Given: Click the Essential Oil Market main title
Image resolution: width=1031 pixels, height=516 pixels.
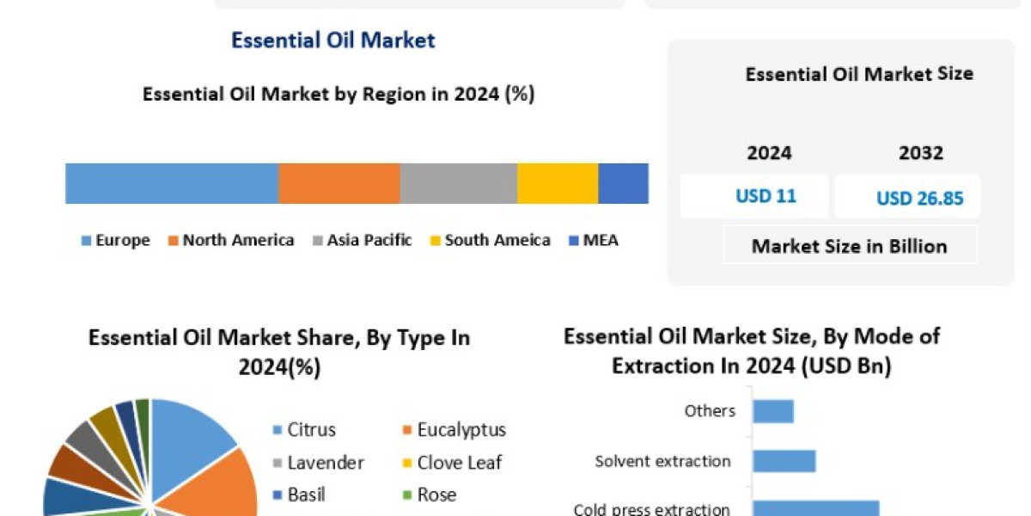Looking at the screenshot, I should pyautogui.click(x=333, y=40).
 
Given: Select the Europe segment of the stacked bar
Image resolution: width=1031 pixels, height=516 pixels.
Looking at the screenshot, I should pyautogui.click(x=172, y=183).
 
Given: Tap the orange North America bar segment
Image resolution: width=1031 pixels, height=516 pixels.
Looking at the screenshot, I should pyautogui.click(x=339, y=183).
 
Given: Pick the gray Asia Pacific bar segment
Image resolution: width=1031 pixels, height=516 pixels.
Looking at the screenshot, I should pyautogui.click(x=458, y=183).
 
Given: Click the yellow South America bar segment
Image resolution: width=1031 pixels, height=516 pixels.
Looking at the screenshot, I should pyautogui.click(x=557, y=183).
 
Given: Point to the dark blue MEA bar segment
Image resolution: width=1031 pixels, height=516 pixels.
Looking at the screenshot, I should pyautogui.click(x=623, y=183).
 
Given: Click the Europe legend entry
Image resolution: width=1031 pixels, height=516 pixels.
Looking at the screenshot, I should pyautogui.click(x=116, y=241).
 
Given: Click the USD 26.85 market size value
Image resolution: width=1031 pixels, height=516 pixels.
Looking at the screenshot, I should pyautogui.click(x=919, y=199).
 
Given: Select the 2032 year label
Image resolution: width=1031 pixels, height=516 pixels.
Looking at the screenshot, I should pyautogui.click(x=920, y=153).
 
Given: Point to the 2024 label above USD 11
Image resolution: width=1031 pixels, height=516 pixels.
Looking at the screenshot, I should pyautogui.click(x=769, y=153).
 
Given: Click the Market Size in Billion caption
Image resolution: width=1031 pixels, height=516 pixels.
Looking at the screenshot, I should pyautogui.click(x=849, y=246).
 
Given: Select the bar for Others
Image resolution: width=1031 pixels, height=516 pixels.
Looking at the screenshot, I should pyautogui.click(x=773, y=411).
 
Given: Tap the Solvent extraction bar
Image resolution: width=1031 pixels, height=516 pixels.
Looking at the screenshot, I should pyautogui.click(x=784, y=461).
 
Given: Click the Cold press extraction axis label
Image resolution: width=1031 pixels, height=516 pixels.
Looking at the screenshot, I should pyautogui.click(x=651, y=509).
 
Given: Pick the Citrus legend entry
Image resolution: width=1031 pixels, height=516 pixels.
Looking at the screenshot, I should pyautogui.click(x=303, y=430).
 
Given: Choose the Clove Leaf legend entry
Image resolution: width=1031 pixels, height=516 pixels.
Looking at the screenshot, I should pyautogui.click(x=452, y=463).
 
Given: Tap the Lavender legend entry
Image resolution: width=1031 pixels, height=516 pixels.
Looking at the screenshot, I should pyautogui.click(x=317, y=463).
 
